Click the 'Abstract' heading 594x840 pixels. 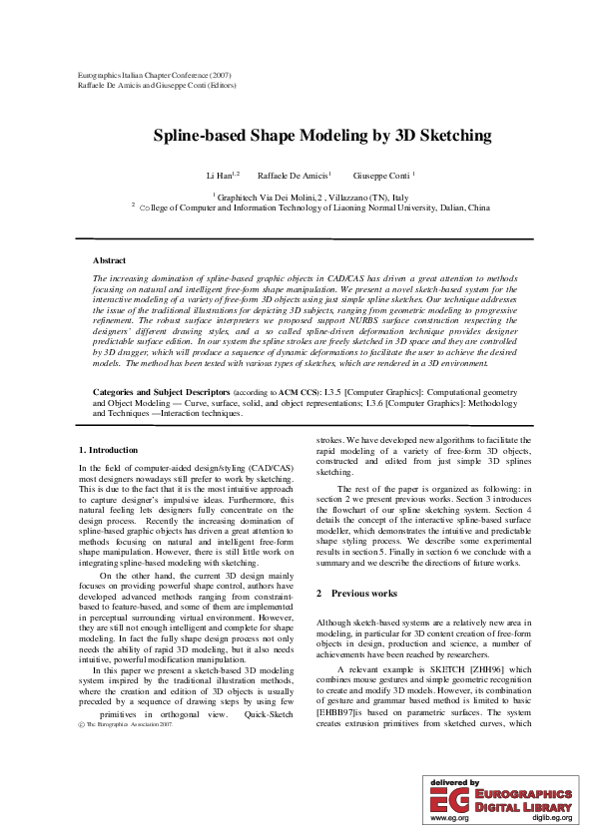coord(109,259)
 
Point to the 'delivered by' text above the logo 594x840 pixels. coord(454,783)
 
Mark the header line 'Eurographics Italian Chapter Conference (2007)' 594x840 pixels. coord(154,76)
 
